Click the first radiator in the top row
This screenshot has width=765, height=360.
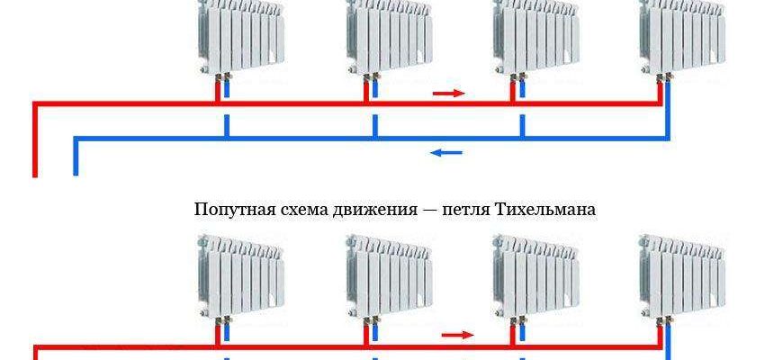coord(239,36)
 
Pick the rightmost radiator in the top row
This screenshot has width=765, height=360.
coord(680,36)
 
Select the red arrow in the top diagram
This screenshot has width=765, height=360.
coord(448,93)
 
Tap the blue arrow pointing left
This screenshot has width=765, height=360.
coord(446,152)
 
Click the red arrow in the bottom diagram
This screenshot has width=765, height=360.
coord(458,335)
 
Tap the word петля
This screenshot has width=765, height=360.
coord(460,211)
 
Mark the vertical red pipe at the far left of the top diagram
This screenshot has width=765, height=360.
coord(35,139)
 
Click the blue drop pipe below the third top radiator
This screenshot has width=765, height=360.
coord(522,123)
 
